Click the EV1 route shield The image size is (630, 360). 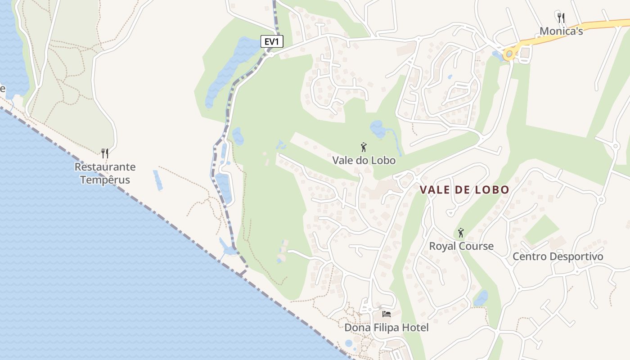pos(272,41)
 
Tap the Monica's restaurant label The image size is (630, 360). pos(561,31)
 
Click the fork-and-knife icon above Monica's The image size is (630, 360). pos(561,18)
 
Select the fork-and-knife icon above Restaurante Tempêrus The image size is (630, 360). pos(105,153)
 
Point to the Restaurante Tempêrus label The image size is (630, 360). pos(105,173)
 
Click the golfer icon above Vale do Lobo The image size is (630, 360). pos(364,147)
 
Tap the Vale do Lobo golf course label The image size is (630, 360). pos(364,160)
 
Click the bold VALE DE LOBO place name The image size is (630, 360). pos(464,190)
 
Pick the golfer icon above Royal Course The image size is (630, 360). pos(460,233)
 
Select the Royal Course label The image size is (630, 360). pos(461,246)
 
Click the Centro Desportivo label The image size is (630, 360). pos(558,256)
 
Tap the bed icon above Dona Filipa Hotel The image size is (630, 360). pos(386,314)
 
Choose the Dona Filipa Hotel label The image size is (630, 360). pos(386,328)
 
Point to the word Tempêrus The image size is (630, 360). pos(105,180)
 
